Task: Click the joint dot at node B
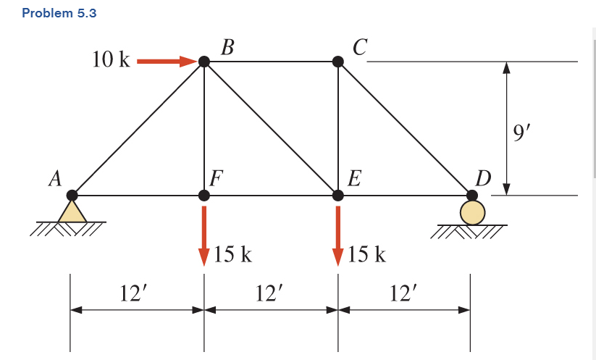204,62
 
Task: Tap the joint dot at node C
338,62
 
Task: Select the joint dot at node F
204,195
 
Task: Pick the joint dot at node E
338,195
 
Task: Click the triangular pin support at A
72,211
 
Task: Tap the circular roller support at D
472,212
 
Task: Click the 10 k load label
111,60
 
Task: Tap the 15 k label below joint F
232,254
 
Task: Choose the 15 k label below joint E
366,254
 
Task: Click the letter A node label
54,179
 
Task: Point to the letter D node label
482,177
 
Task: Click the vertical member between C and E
338,128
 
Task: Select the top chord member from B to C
271,62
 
